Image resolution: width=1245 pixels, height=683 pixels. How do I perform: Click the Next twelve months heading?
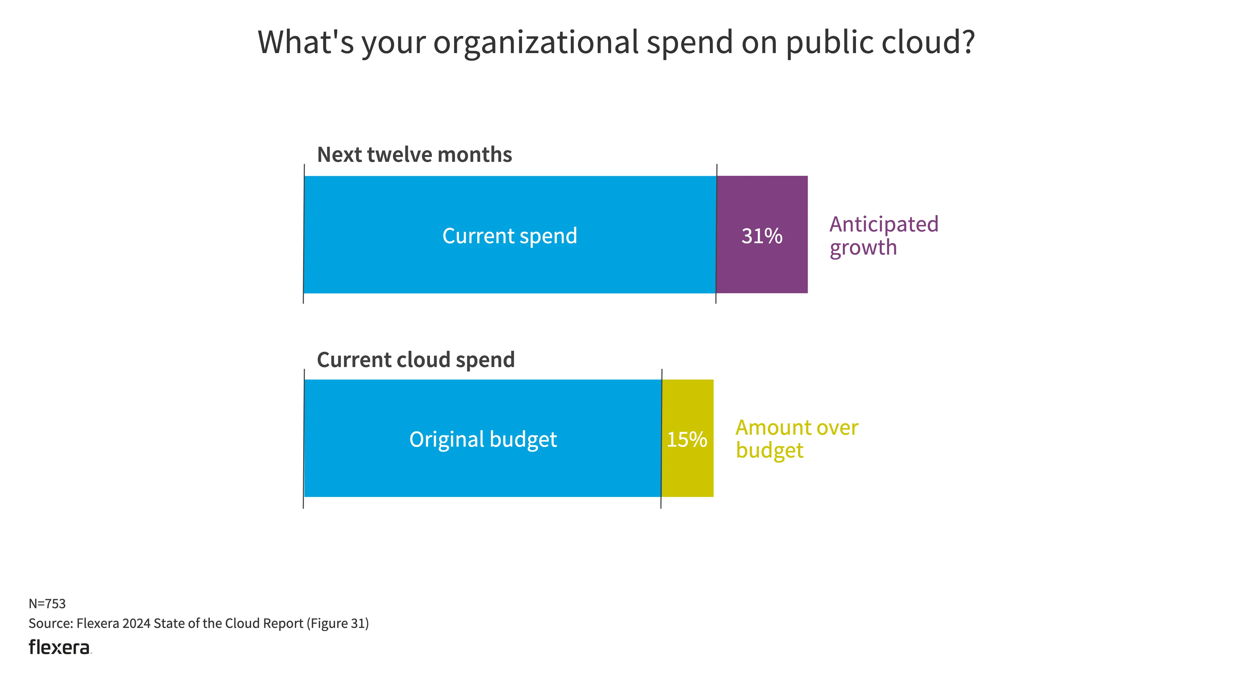click(414, 155)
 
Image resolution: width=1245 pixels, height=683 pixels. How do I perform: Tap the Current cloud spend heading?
click(416, 360)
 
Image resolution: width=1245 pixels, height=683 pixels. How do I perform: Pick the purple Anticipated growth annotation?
click(883, 236)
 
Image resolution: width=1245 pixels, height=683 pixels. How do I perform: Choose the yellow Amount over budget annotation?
click(797, 439)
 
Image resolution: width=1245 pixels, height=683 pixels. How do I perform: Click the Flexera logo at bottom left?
click(59, 647)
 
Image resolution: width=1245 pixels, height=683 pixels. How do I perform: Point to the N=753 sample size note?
click(47, 604)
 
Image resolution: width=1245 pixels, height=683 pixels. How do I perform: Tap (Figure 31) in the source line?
click(337, 624)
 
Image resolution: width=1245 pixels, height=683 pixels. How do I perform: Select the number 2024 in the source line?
click(136, 624)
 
